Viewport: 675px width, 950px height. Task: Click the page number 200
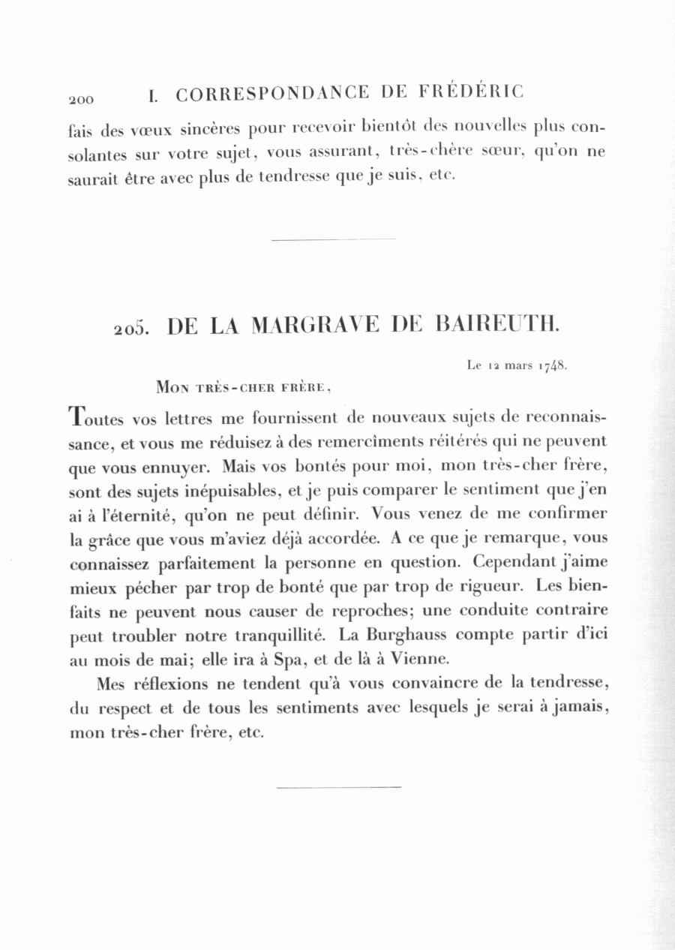pos(80,99)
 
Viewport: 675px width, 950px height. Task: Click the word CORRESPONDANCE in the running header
pos(273,95)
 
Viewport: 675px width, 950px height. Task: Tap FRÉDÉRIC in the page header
pos(471,92)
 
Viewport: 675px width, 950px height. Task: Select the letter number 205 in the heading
pos(130,329)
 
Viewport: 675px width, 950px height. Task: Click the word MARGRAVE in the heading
pos(317,325)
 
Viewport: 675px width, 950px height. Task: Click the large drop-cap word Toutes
pos(97,417)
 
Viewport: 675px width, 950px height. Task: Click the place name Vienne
pos(420,660)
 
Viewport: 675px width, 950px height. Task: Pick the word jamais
pos(578,708)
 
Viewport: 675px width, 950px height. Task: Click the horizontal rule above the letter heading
pos(333,240)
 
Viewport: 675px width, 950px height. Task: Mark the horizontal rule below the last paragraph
pos(339,787)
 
